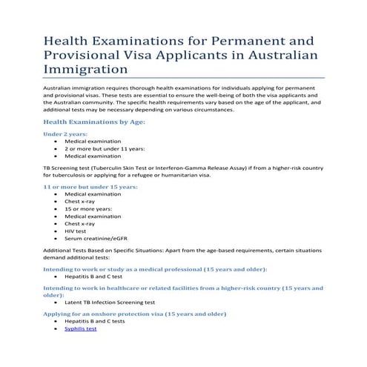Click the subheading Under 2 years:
coord(65,134)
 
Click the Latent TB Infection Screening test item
coord(109,302)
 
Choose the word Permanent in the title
coord(262,37)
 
